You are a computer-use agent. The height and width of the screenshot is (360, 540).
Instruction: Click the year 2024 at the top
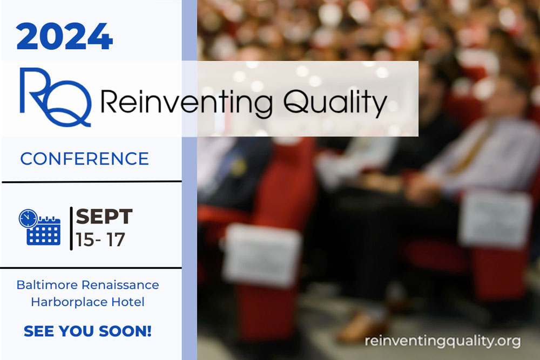coord(64,37)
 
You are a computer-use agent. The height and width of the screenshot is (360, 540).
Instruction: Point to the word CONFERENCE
coord(84,159)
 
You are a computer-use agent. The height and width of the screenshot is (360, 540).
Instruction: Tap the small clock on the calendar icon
coord(28,219)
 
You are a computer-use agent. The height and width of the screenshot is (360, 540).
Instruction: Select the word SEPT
coord(104,216)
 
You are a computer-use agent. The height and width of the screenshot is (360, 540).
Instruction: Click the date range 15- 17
coord(100,240)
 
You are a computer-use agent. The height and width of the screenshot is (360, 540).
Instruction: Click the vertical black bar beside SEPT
coord(71,228)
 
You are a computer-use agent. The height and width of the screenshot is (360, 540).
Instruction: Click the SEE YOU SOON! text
coord(87,331)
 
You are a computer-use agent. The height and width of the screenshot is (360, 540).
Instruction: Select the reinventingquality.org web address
coord(442,341)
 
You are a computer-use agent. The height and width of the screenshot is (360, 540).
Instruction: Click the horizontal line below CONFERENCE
coord(92,182)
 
